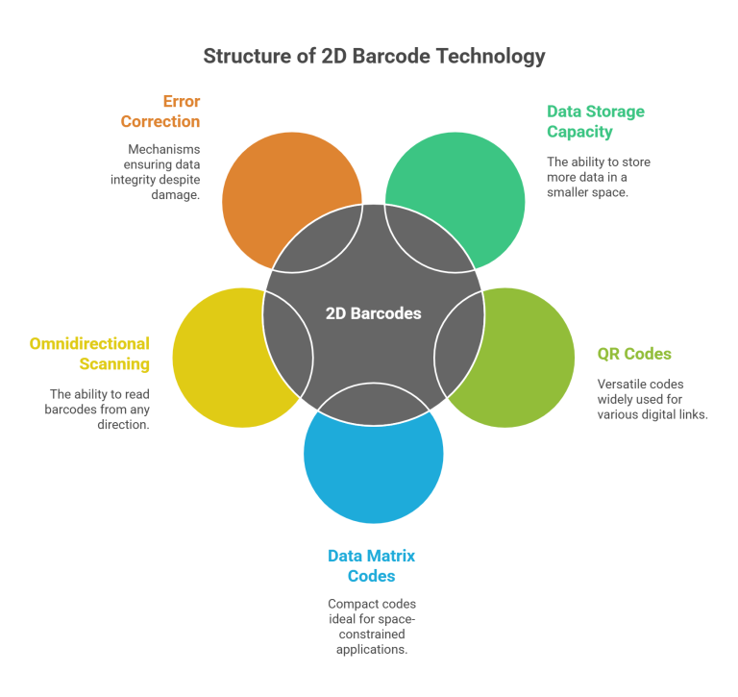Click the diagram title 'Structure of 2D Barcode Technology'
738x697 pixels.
tap(373, 57)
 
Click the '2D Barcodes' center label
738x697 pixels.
tap(373, 313)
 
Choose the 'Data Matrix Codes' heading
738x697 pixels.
tap(371, 566)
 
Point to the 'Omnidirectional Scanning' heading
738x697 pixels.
tap(89, 354)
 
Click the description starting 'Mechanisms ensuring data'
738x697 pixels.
tap(163, 171)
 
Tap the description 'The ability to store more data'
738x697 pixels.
tap(599, 177)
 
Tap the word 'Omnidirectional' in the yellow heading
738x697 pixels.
tap(89, 343)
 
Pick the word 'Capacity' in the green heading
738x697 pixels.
tap(579, 132)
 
